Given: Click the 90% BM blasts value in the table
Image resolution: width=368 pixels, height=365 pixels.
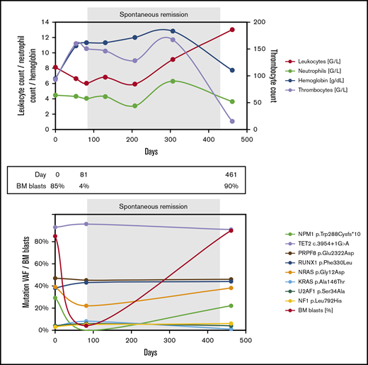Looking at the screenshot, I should click(x=231, y=186).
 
